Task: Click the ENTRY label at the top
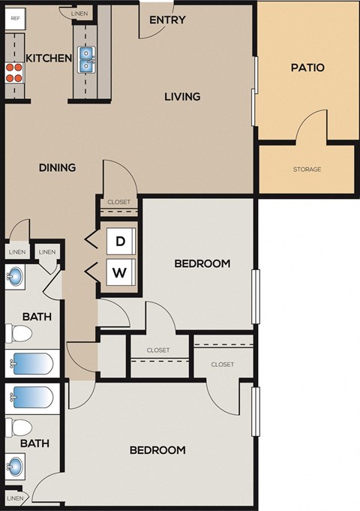coord(167,20)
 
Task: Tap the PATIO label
coord(307,68)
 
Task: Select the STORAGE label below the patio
coord(307,169)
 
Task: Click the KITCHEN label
coord(49,59)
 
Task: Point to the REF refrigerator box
coord(14,17)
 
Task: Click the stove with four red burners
coord(14,72)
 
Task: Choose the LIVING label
coord(183,96)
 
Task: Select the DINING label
coord(57,167)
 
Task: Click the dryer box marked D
coord(119,242)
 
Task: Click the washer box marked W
coord(119,272)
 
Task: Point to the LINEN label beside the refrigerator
coord(78,14)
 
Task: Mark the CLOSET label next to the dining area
coord(118,202)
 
